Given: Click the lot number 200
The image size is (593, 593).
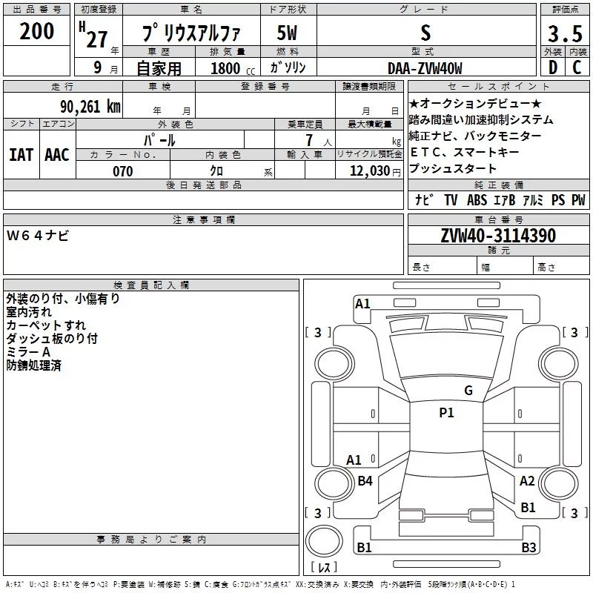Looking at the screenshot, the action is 36,31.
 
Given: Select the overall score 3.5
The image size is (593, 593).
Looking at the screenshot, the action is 565,33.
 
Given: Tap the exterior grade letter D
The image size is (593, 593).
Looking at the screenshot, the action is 553,67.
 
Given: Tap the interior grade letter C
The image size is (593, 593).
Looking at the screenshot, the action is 577,67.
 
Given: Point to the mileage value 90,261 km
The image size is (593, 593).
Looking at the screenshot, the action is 90,107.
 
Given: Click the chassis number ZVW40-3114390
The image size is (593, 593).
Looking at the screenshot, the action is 498,236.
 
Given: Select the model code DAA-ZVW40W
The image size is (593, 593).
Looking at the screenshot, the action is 425,68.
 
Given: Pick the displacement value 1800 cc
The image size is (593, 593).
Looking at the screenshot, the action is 233,68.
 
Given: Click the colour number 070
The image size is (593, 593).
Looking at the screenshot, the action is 123,171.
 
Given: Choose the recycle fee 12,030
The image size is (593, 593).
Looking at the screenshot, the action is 370,171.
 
